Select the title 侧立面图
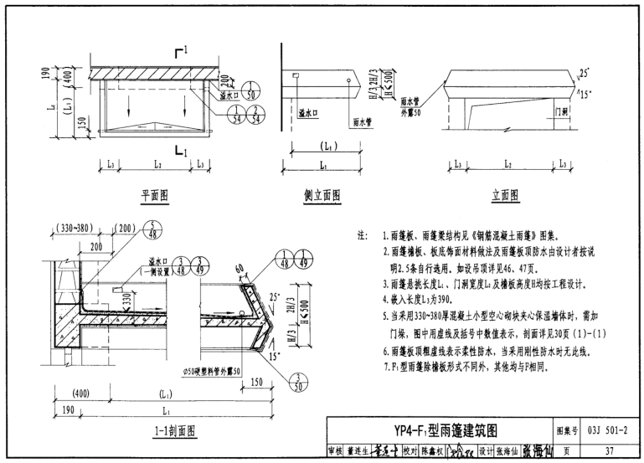[322, 195]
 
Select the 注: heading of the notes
[363, 236]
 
